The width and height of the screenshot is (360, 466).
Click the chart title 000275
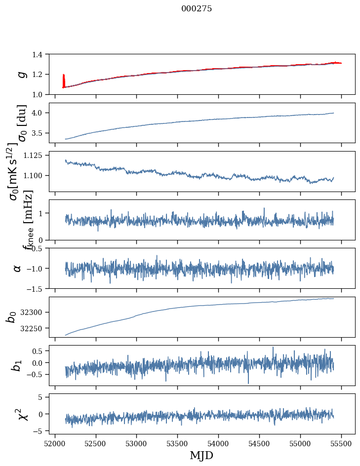(x=197, y=9)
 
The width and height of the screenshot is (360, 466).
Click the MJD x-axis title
(x=201, y=455)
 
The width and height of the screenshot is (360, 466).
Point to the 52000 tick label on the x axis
(x=55, y=443)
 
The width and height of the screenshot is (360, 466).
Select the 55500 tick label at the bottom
(x=342, y=443)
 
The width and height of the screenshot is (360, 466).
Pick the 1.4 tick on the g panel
(x=42, y=54)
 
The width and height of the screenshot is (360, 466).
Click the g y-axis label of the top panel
(x=21, y=74)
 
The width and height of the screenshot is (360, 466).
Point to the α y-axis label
(x=17, y=268)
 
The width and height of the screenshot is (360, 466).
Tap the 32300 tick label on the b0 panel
(x=37, y=312)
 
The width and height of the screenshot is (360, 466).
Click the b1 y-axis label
(x=17, y=365)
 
